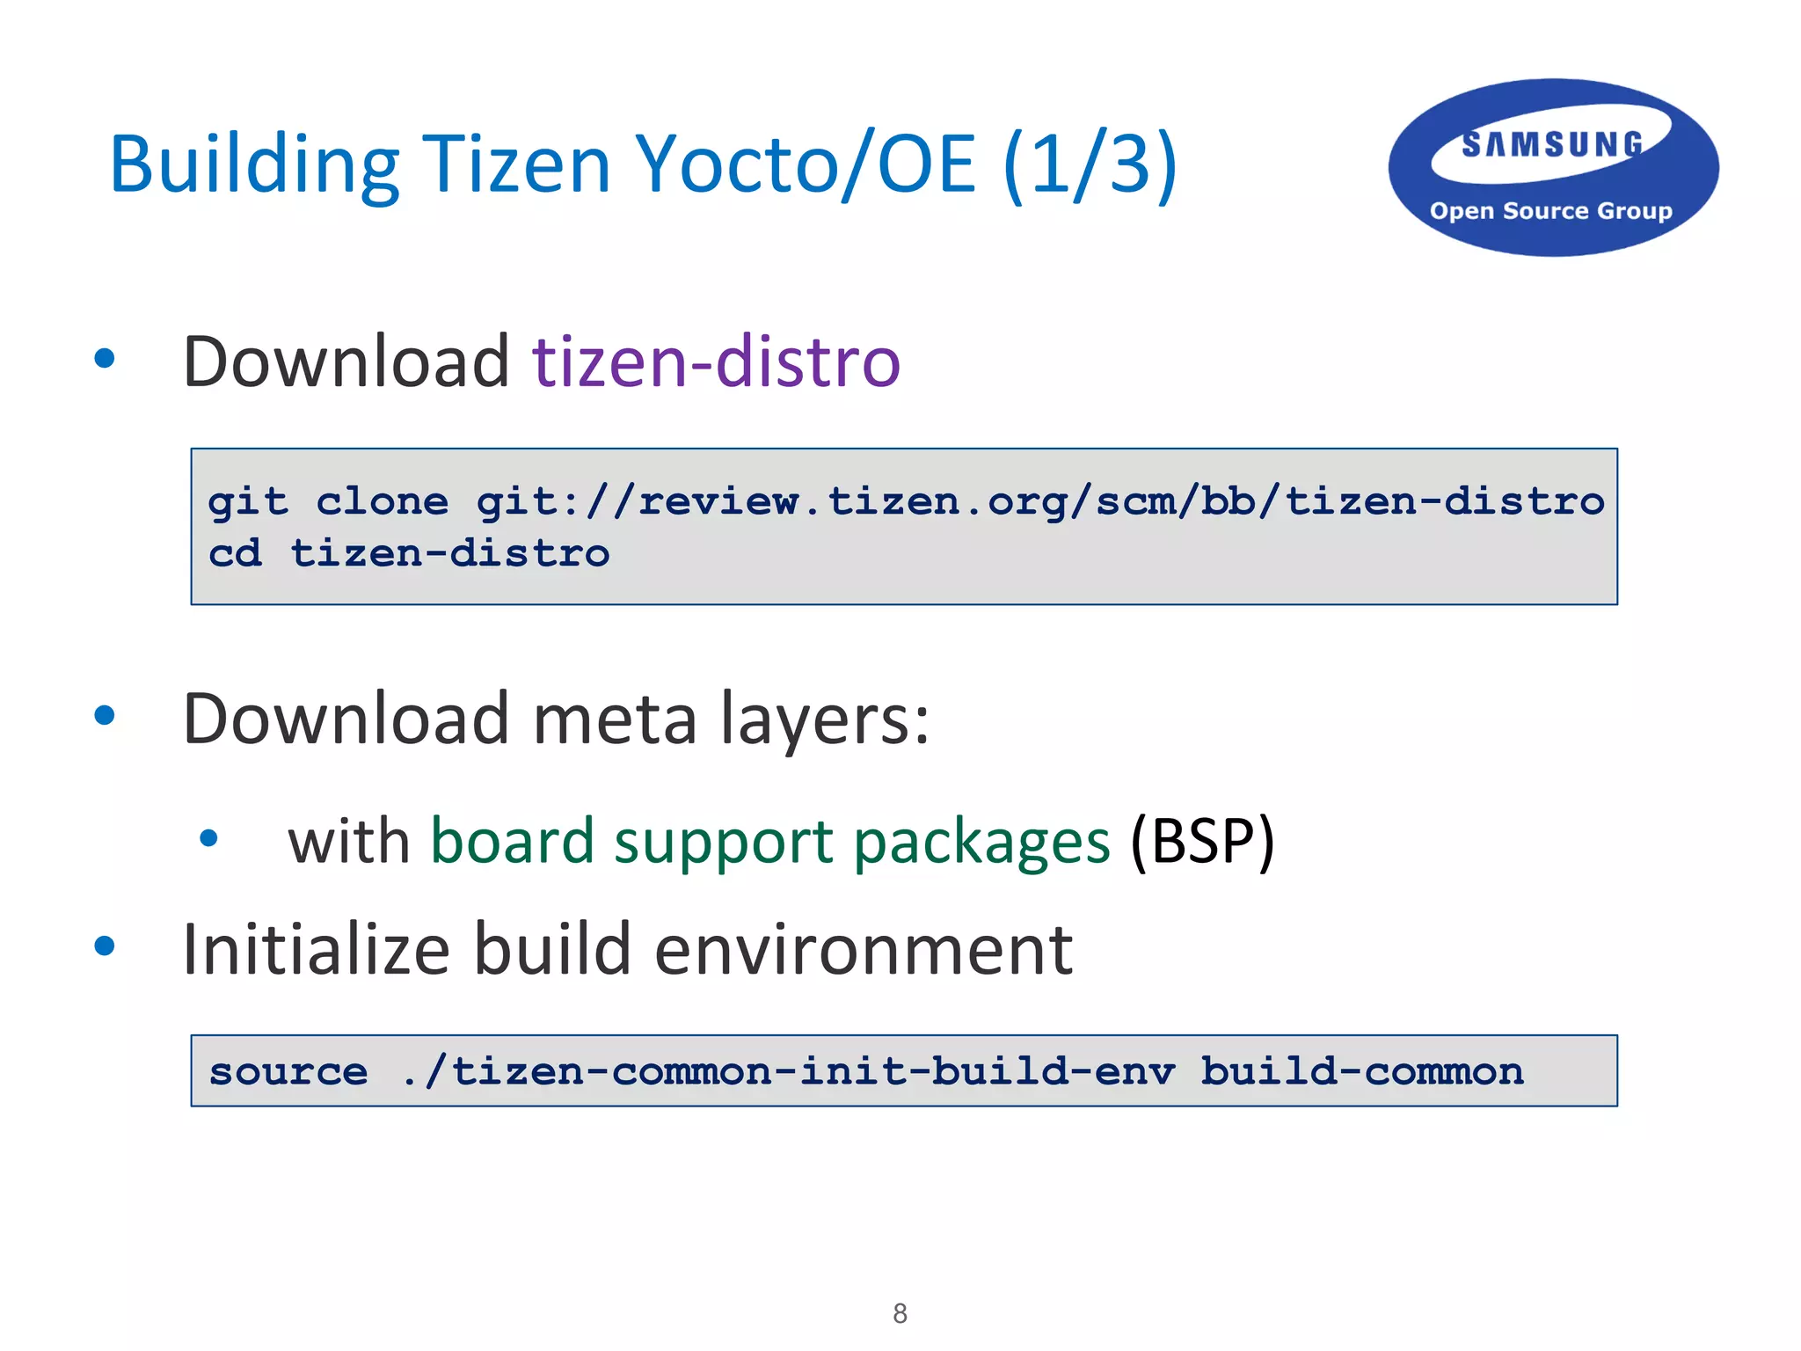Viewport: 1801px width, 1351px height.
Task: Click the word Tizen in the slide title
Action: [516, 164]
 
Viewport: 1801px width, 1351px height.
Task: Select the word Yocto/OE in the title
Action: [806, 164]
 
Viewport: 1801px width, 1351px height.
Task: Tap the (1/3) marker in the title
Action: [1090, 164]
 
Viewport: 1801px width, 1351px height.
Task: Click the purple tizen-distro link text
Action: [717, 361]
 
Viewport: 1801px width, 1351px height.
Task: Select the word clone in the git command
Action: [383, 502]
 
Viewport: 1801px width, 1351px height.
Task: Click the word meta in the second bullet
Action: [615, 719]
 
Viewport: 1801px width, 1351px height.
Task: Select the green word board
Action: [513, 842]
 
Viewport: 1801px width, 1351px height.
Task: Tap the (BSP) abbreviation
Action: [1202, 842]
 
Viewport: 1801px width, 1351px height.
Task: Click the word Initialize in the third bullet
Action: [316, 950]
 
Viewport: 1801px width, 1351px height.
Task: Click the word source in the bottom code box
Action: [288, 1071]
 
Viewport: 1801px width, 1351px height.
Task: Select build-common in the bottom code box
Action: [1362, 1071]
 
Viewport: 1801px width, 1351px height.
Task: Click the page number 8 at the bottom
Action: [900, 1313]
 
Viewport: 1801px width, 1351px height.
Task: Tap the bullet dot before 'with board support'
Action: [208, 838]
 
